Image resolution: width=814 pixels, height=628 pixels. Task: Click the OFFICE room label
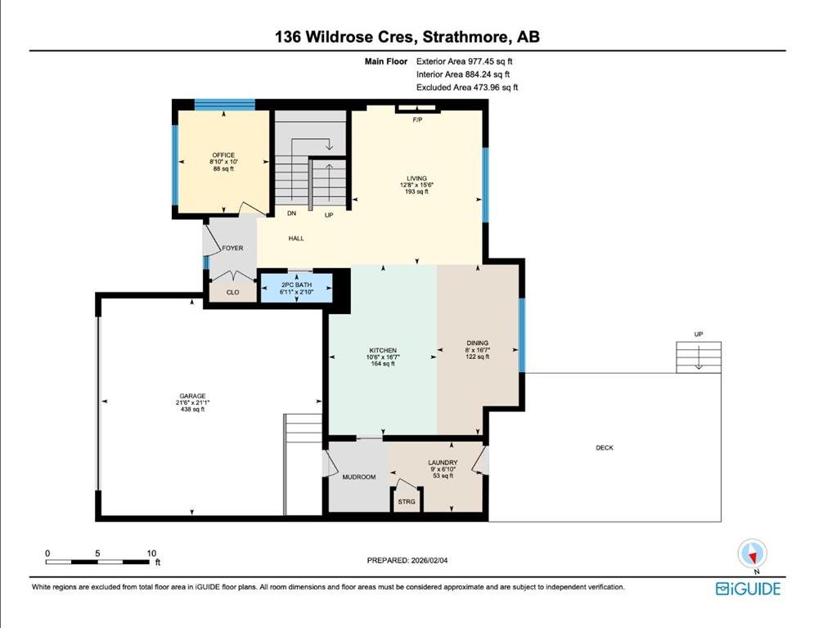tap(223, 155)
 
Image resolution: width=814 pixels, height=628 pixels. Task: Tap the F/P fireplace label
tap(417, 120)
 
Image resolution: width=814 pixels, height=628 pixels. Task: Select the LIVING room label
tap(416, 178)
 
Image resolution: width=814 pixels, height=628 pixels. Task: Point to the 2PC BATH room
tap(296, 288)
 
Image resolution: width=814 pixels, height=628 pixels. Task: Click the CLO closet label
tap(232, 292)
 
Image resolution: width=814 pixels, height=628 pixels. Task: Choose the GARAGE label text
tap(192, 396)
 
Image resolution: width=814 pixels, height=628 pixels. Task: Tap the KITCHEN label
tap(383, 350)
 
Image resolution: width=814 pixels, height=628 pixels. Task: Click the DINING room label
tap(478, 343)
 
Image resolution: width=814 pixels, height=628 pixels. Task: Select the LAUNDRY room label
tap(443, 463)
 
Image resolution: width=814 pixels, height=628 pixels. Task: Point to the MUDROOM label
tap(358, 477)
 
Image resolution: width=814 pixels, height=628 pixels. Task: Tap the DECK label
tap(605, 447)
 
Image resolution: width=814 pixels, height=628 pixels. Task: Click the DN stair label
tap(292, 213)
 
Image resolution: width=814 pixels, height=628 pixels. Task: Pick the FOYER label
tap(232, 248)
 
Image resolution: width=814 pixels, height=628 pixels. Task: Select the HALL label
tap(296, 238)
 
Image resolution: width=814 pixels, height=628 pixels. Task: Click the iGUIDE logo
tap(748, 589)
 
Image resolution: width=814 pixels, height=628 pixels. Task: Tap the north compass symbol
tap(752, 554)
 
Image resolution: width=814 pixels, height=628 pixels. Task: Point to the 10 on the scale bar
tap(151, 554)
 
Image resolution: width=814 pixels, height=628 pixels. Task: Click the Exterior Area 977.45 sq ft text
tap(464, 61)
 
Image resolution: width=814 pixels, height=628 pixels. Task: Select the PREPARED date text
tap(407, 560)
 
